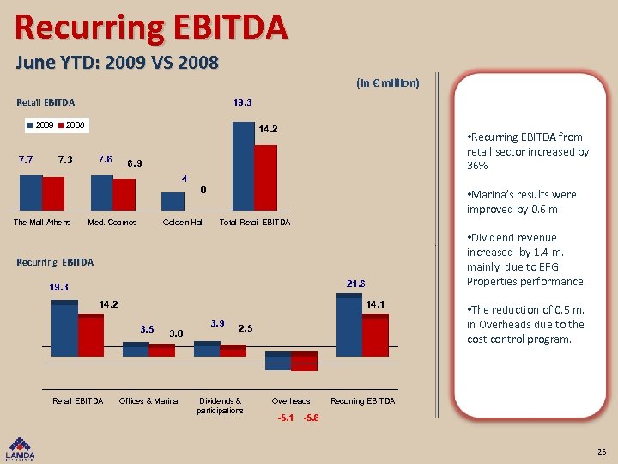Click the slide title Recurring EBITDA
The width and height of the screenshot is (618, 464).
(151, 27)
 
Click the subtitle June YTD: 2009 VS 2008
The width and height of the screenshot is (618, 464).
(117, 63)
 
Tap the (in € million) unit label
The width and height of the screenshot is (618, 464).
(387, 83)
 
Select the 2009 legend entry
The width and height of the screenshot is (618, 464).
(39, 125)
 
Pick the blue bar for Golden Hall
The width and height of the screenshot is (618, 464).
(173, 201)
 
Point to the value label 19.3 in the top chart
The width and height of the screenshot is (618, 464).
(242, 102)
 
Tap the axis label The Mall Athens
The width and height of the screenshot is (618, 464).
(42, 223)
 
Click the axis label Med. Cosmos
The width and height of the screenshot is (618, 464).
(112, 223)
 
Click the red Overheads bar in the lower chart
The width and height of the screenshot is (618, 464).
(304, 363)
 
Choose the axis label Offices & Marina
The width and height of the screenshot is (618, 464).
(148, 401)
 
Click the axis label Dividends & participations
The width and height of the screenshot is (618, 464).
(220, 406)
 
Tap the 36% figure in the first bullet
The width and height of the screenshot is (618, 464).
(477, 166)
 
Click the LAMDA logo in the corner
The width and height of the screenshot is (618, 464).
(21, 449)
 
